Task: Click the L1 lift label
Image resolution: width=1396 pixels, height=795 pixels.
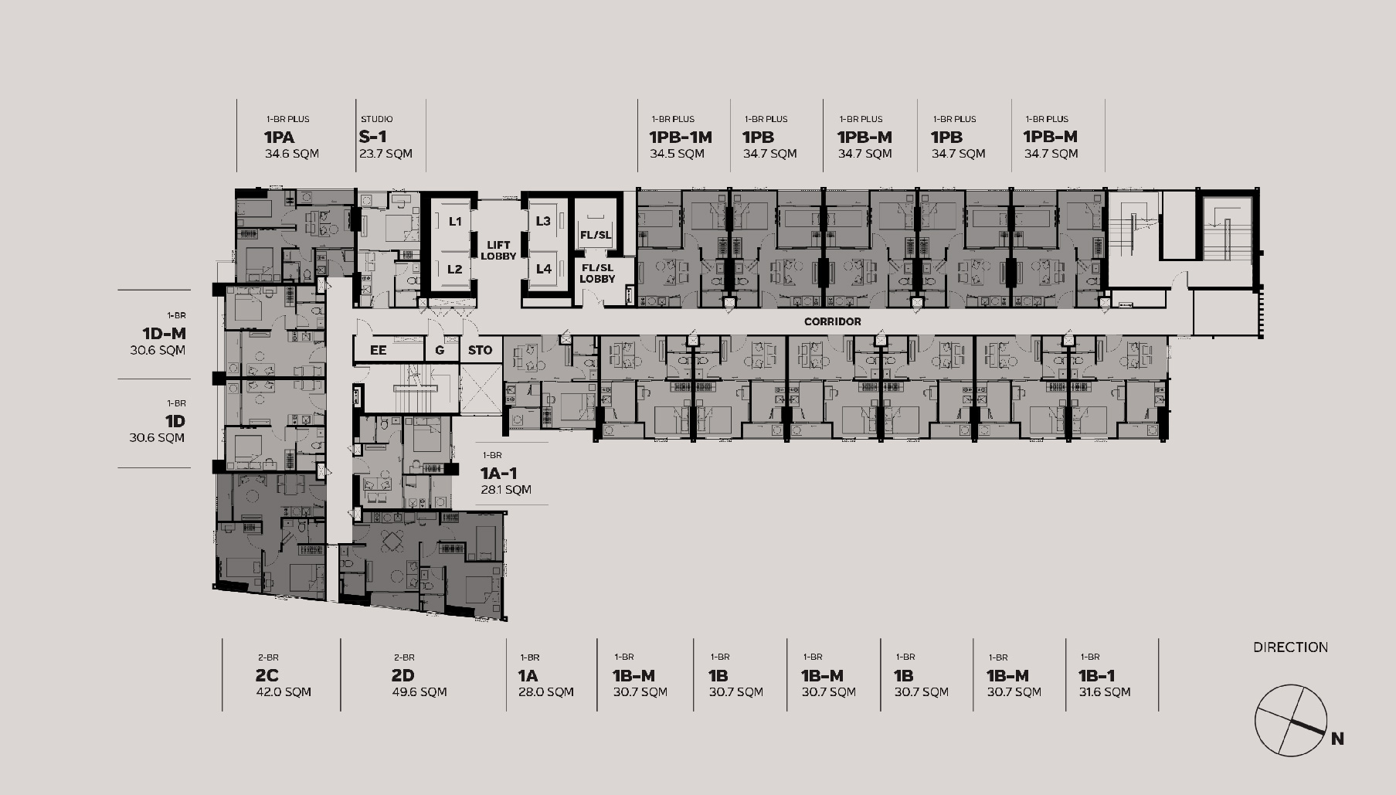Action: [455, 221]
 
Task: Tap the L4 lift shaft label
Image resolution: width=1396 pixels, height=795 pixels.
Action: [544, 269]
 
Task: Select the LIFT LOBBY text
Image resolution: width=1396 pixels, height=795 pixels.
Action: [498, 250]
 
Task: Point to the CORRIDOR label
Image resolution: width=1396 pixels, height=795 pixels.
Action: [832, 321]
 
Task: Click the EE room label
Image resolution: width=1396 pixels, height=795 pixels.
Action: [378, 350]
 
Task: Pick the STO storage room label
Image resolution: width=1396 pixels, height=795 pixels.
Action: [480, 350]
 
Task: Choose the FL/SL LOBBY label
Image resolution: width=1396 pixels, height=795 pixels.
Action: [597, 273]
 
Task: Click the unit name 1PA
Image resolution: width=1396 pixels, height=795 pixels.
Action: [279, 138]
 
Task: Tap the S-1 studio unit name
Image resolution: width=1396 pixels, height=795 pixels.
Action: [372, 137]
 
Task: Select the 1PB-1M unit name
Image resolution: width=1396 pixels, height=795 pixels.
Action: [681, 138]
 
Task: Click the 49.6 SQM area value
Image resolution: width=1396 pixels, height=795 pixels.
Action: [419, 691]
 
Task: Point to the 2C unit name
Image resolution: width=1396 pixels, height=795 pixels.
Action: [267, 675]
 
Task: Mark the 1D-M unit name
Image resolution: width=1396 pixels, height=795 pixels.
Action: [164, 334]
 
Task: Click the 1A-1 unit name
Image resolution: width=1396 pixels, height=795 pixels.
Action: [499, 473]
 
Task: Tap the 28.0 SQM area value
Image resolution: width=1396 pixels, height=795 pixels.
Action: [546, 691]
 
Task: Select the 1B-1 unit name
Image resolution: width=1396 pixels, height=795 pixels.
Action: [1096, 675]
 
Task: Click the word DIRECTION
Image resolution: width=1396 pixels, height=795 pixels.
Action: [1290, 647]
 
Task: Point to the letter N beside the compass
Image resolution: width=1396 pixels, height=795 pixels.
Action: [1337, 739]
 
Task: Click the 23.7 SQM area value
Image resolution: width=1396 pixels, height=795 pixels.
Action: [386, 153]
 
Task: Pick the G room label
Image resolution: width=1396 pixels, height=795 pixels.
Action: [440, 350]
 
